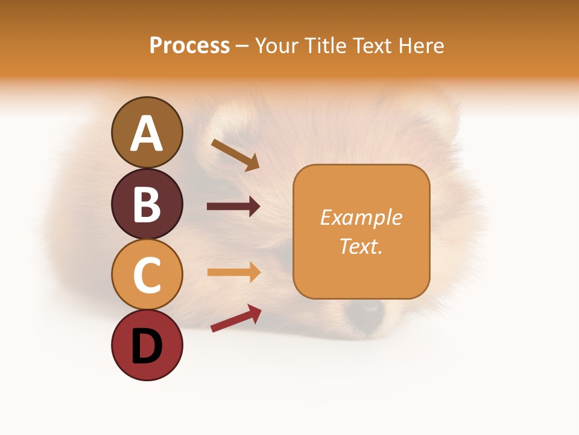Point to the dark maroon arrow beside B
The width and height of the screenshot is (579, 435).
pos(233,207)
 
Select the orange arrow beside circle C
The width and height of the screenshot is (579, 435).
pos(233,272)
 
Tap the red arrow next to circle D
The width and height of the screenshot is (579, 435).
pos(236,318)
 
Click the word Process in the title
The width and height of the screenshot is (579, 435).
pos(189,45)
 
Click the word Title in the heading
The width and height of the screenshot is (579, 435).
pos(324,45)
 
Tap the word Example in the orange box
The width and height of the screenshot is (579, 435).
pos(361,217)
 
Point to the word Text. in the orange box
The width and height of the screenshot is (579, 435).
pos(361,246)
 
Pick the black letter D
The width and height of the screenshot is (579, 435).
pos(147,347)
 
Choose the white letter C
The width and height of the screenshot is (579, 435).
pos(147,275)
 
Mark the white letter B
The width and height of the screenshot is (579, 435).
pos(147,204)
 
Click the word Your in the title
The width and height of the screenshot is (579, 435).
pos(277,45)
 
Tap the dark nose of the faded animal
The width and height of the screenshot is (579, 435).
pos(365,309)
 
